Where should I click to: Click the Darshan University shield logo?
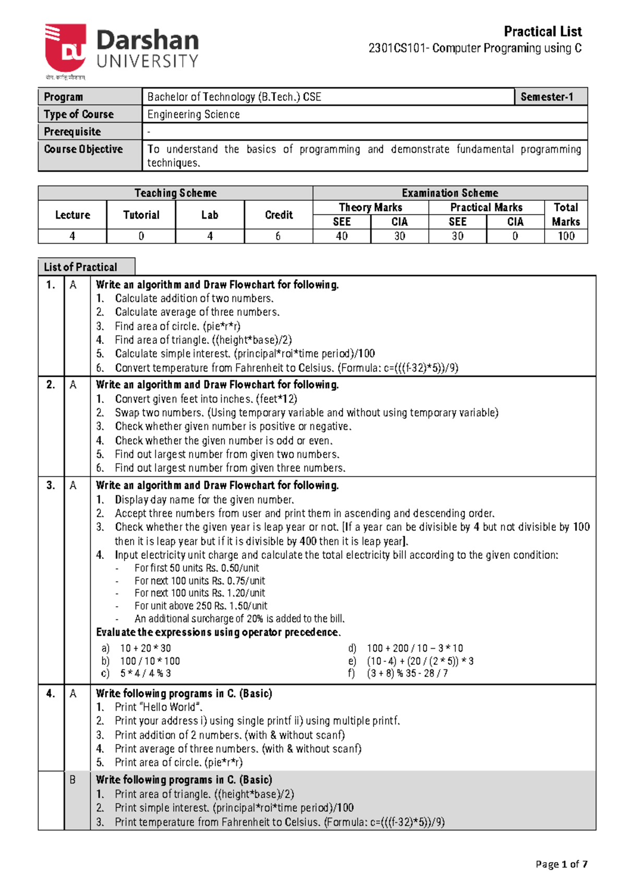coord(65,48)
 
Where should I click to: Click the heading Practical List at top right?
coord(543,32)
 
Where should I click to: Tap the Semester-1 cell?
coord(547,97)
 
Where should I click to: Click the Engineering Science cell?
coord(194,114)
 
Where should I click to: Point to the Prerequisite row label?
coord(73,131)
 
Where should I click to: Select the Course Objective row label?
coord(83,149)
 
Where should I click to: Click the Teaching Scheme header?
coord(175,193)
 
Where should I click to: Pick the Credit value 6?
coord(278,236)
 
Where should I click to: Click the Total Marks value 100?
coord(566,236)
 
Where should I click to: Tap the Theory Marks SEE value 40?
coord(342,236)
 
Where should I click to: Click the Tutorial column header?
coord(141,215)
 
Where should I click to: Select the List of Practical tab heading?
coord(81,267)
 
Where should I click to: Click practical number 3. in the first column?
coord(51,485)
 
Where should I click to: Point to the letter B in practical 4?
coord(73,780)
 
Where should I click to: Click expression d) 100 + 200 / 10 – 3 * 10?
coord(415,648)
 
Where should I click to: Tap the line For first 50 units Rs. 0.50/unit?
coord(197,568)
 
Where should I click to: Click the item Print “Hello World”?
coord(158,707)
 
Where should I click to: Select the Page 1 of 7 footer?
coord(561,864)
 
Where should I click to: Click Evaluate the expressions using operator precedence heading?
coord(218,632)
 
